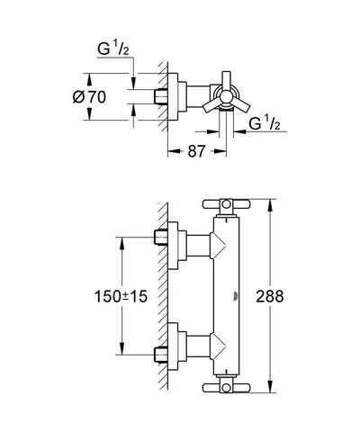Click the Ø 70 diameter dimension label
click(x=89, y=97)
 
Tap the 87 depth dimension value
click(x=196, y=151)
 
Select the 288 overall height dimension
click(x=270, y=296)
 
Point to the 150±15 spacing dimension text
click(x=121, y=296)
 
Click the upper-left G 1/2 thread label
click(x=113, y=49)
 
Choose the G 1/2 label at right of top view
click(x=265, y=123)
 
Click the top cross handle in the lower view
click(x=226, y=204)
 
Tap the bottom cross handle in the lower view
click(x=226, y=388)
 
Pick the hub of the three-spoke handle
click(x=226, y=97)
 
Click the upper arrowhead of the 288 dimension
click(x=270, y=205)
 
